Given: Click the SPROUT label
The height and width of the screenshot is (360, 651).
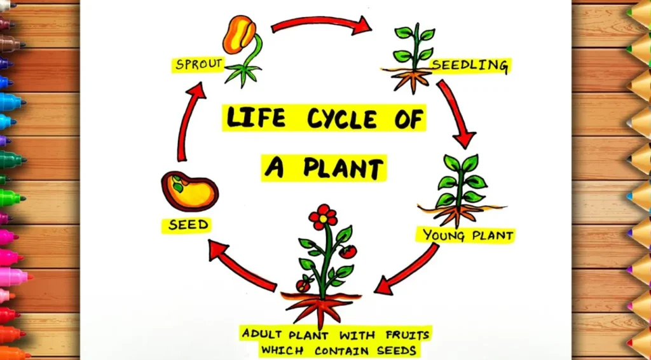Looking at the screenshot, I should (198, 64).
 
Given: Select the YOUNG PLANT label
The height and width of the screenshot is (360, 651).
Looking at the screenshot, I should (468, 236).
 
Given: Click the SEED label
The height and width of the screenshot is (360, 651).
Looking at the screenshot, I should (188, 225).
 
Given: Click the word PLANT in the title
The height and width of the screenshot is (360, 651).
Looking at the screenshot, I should (342, 169).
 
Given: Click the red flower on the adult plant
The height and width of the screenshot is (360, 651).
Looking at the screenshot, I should (324, 216).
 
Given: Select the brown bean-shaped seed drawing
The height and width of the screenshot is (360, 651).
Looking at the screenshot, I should (189, 191).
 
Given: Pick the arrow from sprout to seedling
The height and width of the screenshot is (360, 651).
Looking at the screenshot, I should (321, 24).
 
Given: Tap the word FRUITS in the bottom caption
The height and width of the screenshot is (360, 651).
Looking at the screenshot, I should (409, 335).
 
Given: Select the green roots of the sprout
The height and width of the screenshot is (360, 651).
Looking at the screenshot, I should (241, 74).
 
